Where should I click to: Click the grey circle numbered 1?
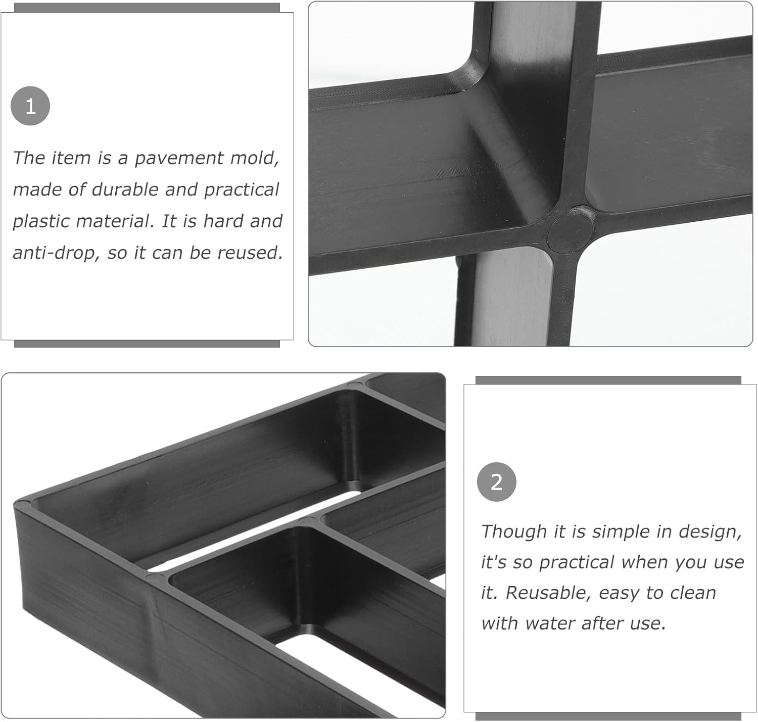30,106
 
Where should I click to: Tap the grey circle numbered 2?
496,482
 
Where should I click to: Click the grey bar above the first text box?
147,8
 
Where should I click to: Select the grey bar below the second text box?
608,716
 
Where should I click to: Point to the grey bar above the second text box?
608,380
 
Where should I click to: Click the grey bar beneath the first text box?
147,344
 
